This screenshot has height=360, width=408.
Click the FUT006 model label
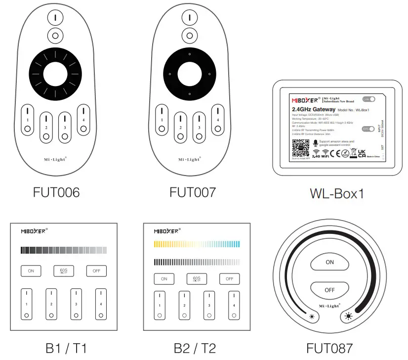point(56,192)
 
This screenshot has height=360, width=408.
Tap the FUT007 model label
point(193,192)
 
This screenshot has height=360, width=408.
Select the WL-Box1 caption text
point(337,193)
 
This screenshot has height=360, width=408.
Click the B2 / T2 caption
point(195,348)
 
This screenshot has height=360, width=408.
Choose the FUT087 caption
point(329,348)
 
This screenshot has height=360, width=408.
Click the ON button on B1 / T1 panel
point(31,270)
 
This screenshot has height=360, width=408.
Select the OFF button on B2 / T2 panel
point(229,278)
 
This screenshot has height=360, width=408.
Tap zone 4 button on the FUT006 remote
point(83,119)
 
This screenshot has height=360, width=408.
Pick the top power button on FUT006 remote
point(56,17)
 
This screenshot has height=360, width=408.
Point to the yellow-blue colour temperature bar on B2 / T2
point(197,244)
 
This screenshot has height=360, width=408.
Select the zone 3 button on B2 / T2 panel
point(208,305)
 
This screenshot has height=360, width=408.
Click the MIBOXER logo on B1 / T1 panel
point(34,231)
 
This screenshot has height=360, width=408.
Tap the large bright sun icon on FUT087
point(349,315)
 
